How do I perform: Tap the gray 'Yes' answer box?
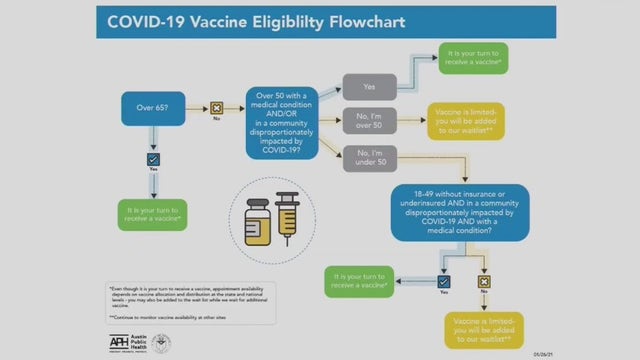[370, 86]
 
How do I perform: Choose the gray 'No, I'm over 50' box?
[370, 122]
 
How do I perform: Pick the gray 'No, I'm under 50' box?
[370, 158]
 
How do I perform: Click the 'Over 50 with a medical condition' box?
[282, 122]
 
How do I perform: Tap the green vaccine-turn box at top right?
[472, 58]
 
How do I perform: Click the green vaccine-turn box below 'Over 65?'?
[153, 214]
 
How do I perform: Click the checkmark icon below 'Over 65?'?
[153, 159]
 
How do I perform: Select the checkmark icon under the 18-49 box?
[444, 283]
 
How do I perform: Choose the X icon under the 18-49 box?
[485, 283]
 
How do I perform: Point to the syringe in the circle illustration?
[288, 216]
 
